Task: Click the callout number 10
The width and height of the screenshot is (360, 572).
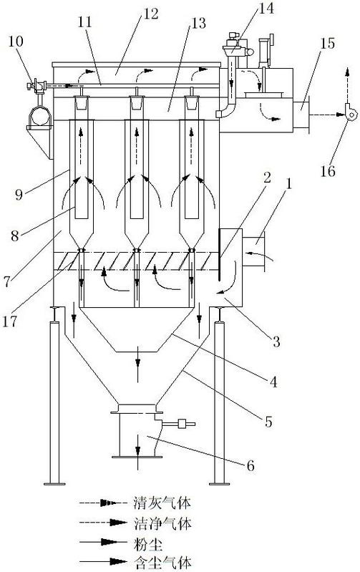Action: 16,42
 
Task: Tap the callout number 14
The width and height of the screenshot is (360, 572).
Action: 266,8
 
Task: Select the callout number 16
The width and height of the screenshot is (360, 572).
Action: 328,170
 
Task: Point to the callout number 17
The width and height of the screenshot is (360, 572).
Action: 10,321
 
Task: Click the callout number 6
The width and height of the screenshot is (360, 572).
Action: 250,465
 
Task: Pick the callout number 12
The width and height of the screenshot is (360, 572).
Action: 150,14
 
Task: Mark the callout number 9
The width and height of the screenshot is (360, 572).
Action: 19,194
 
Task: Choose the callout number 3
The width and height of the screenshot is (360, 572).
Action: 276,341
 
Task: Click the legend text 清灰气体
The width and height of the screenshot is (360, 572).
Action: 162,503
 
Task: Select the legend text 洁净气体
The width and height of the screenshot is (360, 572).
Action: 162,524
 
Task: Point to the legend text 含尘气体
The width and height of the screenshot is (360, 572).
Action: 162,563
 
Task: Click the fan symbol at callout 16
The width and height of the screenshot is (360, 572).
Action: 351,113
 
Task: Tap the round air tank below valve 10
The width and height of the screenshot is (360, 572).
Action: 40,116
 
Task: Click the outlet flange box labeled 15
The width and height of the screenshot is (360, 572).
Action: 301,112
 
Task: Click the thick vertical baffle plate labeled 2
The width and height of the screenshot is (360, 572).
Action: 220,255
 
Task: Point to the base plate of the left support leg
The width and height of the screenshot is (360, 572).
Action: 54,484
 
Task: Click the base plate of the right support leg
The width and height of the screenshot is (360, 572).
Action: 220,484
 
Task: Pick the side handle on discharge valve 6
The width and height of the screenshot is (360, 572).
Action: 179,424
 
